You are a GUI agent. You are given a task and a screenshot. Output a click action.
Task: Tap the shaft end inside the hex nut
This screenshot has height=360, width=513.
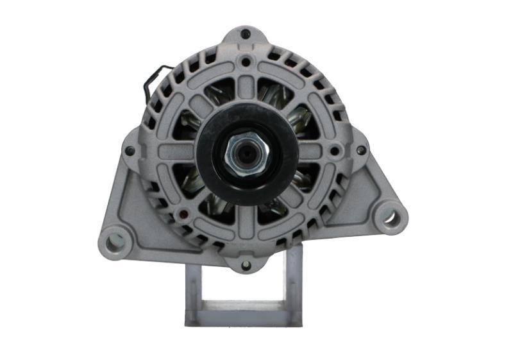[x=247, y=155]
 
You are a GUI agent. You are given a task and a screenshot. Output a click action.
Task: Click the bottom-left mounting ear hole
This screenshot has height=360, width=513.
[x=115, y=241]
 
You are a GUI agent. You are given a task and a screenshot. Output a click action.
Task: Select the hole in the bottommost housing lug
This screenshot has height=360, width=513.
[x=246, y=264]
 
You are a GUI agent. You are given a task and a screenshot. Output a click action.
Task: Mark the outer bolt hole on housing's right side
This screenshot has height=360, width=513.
[x=361, y=150]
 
